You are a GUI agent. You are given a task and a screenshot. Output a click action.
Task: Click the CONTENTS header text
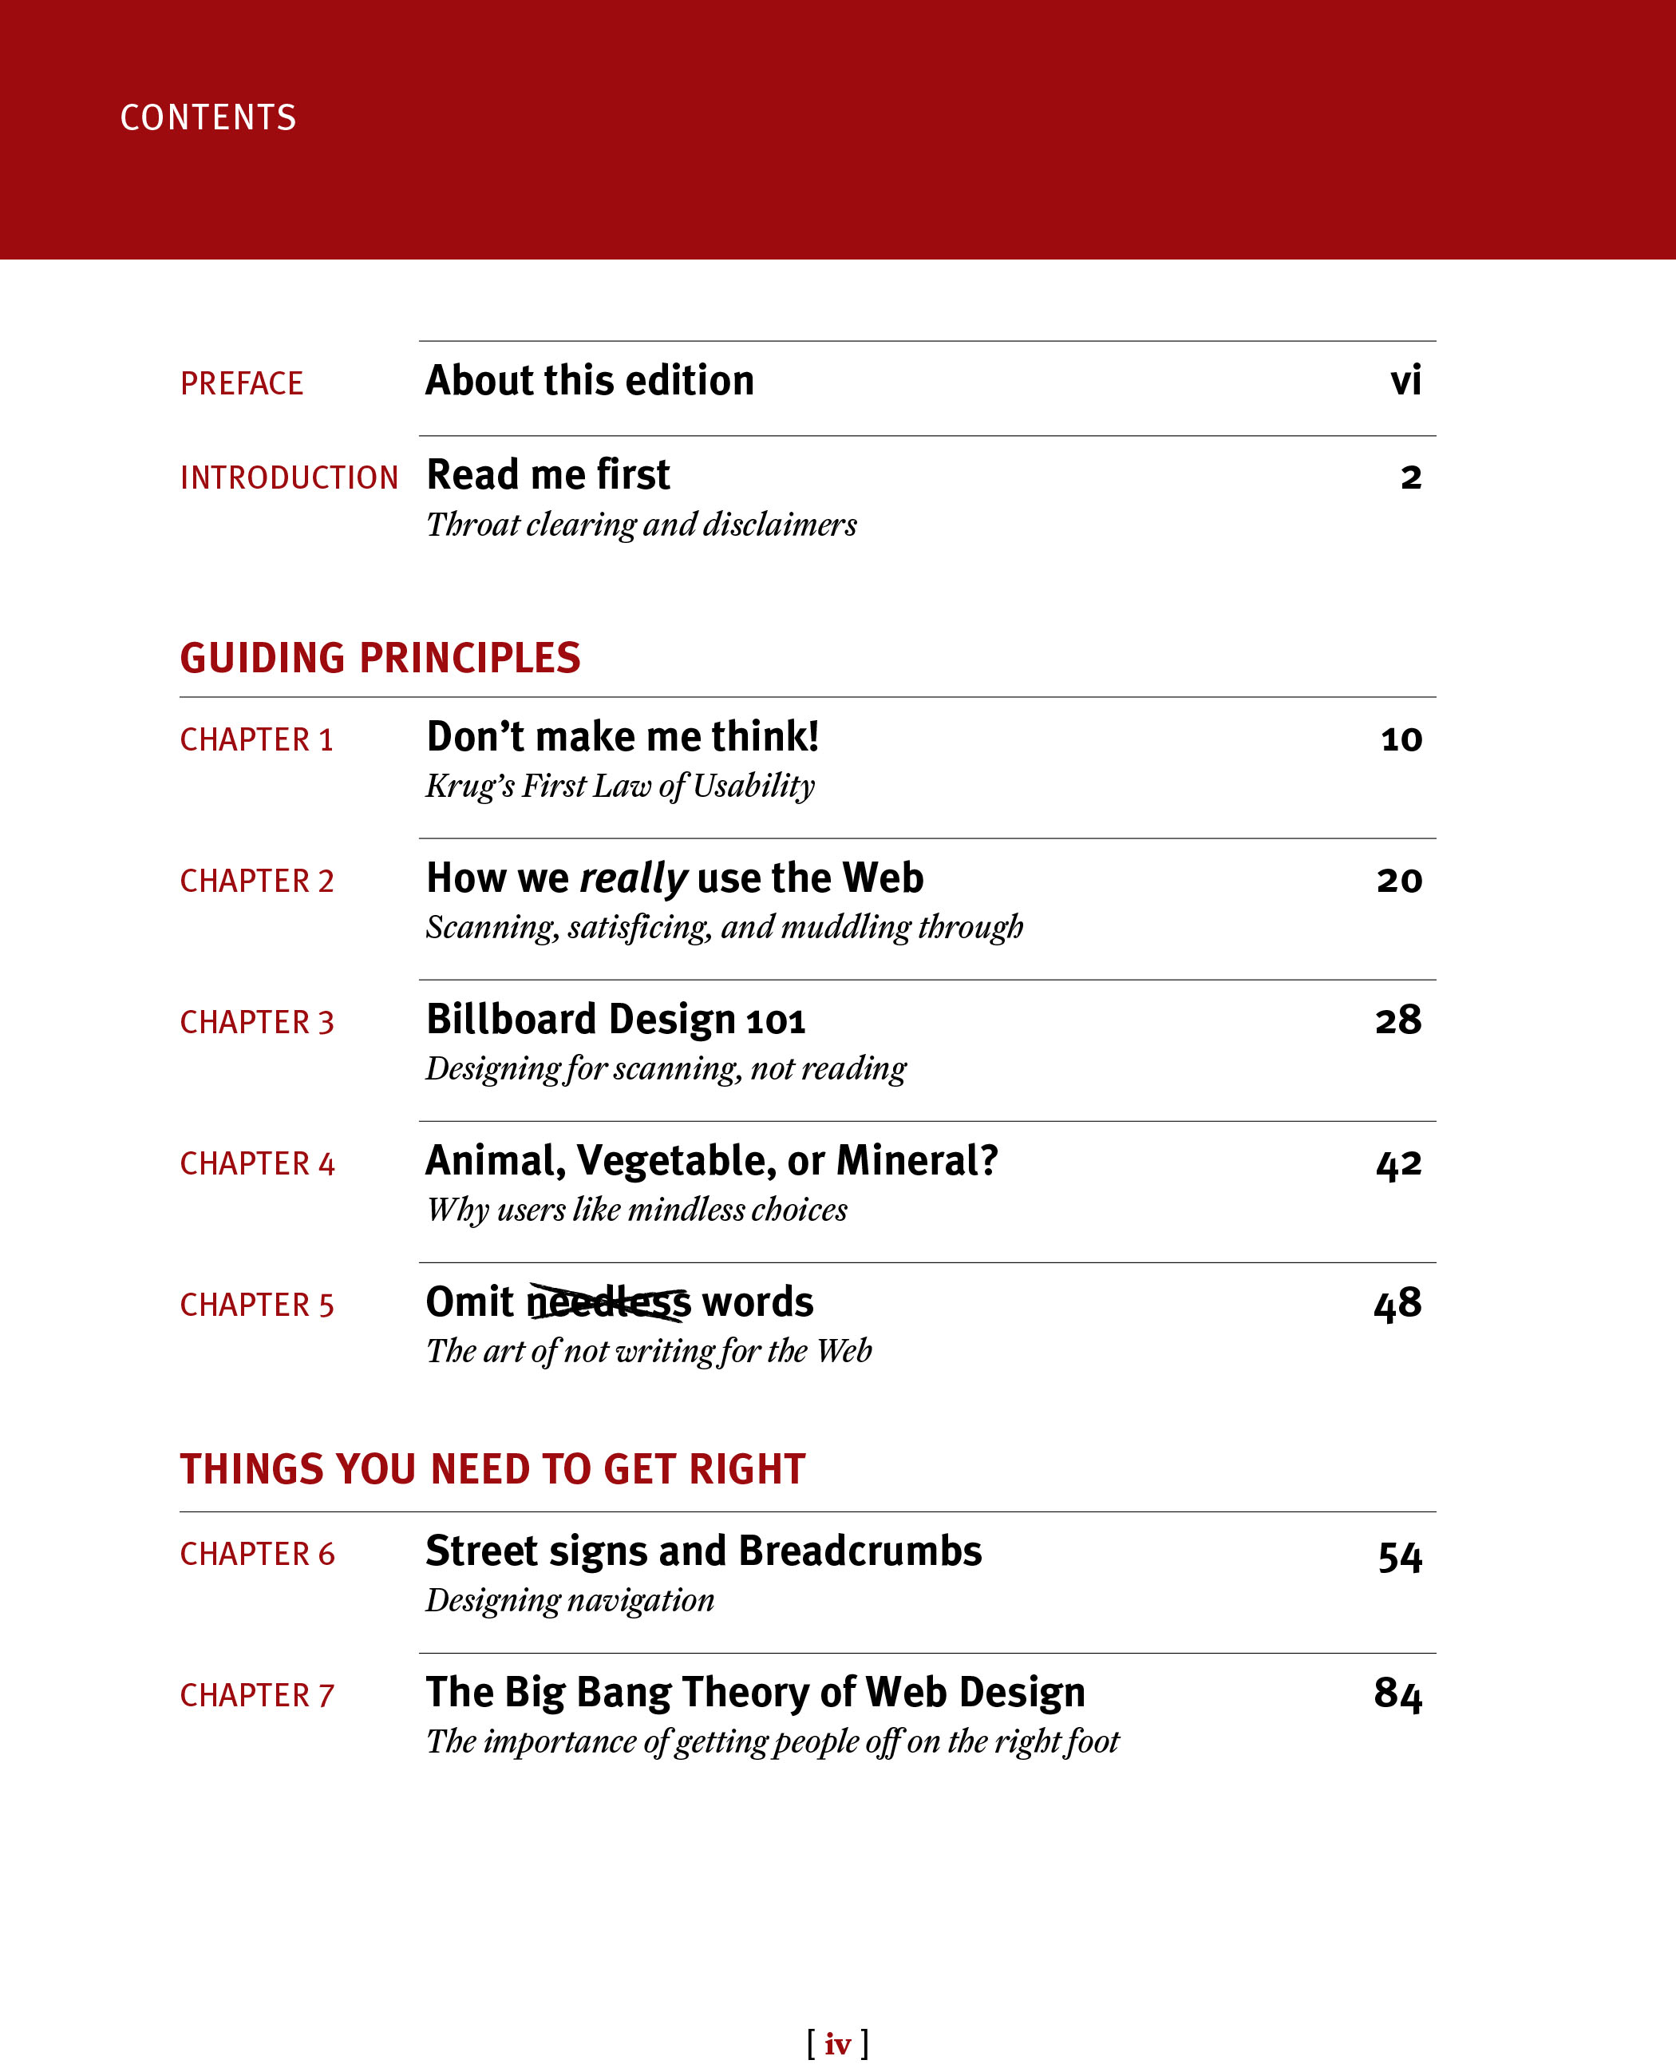tap(208, 118)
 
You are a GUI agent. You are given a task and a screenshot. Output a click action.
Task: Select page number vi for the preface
tap(1405, 381)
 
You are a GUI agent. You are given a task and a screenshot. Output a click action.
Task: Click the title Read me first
tap(547, 475)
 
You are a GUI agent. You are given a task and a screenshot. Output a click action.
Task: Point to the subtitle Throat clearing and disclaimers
tap(641, 525)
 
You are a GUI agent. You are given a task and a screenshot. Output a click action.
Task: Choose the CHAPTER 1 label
tap(256, 740)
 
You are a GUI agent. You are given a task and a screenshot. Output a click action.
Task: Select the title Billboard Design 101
tap(615, 1020)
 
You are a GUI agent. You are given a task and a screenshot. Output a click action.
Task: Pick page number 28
tap(1398, 1020)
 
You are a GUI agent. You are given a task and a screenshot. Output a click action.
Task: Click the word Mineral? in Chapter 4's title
tap(916, 1161)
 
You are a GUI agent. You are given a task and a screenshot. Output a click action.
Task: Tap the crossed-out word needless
tap(608, 1303)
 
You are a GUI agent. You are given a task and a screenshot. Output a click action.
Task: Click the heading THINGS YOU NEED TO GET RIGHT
tap(492, 1469)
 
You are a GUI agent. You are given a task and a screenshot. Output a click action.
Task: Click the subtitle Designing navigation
tap(570, 1600)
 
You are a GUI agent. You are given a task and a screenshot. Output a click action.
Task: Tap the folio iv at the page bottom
tap(837, 2044)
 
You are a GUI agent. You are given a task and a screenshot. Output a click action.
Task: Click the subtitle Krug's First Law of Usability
tap(620, 786)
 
